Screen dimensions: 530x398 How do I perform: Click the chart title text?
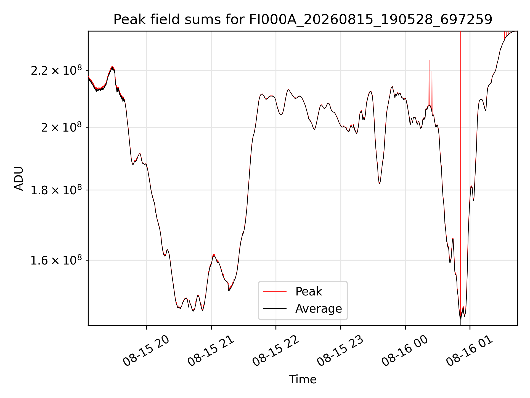pos(303,20)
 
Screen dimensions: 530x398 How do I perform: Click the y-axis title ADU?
pos(19,179)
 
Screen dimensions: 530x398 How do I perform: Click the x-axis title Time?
pos(303,379)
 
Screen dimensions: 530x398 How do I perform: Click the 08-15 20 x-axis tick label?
pos(146,351)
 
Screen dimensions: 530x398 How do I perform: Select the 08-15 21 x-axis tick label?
pos(211,351)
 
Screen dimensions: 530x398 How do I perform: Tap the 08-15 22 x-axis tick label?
pos(275,351)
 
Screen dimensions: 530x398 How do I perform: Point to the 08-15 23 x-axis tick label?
pos(340,351)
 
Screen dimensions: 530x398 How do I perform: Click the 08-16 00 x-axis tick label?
pos(405,351)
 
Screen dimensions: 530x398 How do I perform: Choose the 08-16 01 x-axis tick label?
pos(470,351)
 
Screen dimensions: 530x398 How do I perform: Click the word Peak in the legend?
pos(309,291)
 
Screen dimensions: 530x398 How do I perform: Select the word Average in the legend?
pos(319,308)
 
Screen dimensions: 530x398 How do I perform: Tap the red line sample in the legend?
pos(274,291)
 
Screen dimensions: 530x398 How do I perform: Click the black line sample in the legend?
pos(274,308)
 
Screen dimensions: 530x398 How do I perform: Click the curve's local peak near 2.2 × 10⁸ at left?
pos(112,67)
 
